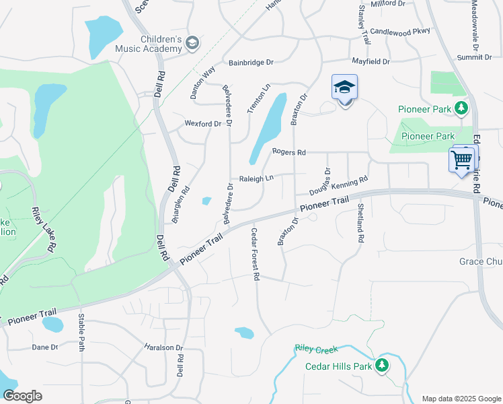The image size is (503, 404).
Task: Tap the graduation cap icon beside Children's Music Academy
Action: (192, 44)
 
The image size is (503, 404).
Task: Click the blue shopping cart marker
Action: (462, 160)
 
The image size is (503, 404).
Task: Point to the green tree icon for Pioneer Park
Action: (461, 108)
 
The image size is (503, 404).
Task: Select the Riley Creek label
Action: (315, 349)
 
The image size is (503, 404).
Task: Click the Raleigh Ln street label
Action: (256, 179)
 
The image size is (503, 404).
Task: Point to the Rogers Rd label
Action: (288, 152)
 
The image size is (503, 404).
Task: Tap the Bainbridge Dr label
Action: (251, 63)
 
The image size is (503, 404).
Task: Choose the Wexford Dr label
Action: (203, 124)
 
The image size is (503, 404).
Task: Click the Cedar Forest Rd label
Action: (256, 254)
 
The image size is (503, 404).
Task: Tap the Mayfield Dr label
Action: (371, 61)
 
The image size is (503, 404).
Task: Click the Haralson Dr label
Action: (163, 348)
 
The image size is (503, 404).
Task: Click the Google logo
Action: (22, 396)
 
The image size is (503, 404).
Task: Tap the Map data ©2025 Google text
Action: (461, 399)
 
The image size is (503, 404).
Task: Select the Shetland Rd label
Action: (360, 223)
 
